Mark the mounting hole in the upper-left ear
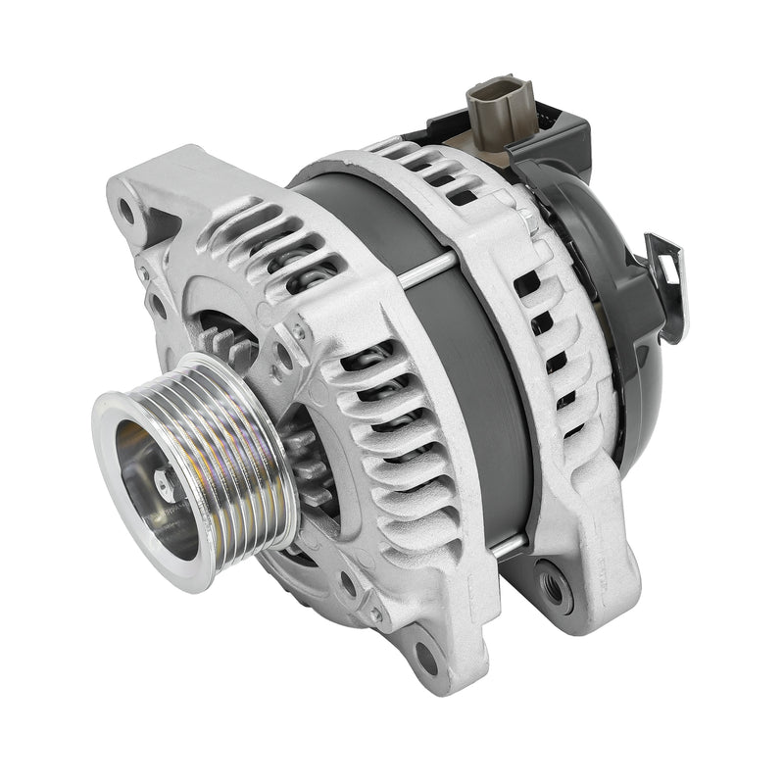[126, 209]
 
